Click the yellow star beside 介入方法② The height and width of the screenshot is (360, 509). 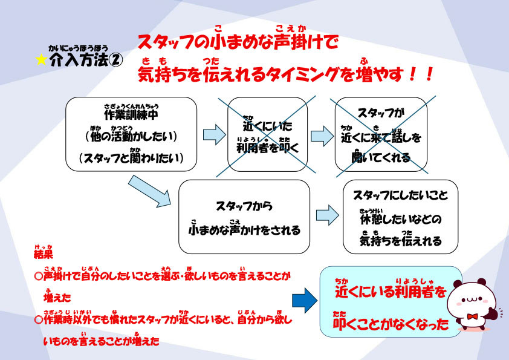click(41, 60)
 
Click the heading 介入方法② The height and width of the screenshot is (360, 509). click(86, 60)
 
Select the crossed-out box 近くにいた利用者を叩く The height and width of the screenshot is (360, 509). click(268, 134)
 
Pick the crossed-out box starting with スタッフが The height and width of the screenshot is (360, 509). click(380, 134)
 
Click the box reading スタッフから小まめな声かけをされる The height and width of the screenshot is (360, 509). click(244, 216)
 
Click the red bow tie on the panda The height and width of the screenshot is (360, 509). click(472, 316)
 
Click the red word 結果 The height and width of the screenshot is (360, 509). click(44, 254)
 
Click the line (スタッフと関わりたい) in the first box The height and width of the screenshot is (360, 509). click(131, 159)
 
